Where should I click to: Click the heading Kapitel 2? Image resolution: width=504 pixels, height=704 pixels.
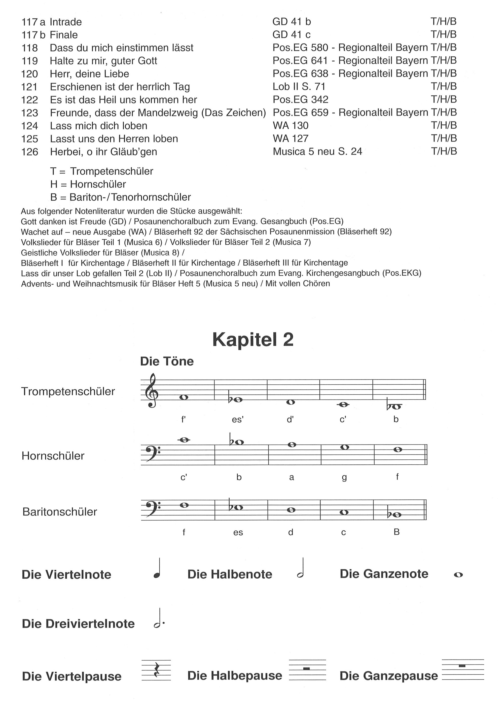click(x=253, y=340)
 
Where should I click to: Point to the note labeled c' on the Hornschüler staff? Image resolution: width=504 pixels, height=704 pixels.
click(x=184, y=440)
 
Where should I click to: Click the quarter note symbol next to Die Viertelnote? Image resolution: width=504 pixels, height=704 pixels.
click(x=157, y=569)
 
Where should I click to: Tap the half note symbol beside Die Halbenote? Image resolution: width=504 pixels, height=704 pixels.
click(x=300, y=569)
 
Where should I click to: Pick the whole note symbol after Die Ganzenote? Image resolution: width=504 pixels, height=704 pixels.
click(x=458, y=575)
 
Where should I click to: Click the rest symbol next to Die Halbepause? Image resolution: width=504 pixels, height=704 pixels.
click(x=306, y=668)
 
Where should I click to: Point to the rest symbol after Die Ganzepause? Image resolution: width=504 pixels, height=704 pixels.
click(x=462, y=666)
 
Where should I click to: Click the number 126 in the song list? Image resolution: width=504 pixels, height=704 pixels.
click(x=30, y=152)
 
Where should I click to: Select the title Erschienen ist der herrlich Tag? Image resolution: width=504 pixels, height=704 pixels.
click(x=120, y=87)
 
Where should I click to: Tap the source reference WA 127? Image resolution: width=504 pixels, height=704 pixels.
click(x=290, y=139)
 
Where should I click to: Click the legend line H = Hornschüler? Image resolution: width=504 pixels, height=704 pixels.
click(x=88, y=184)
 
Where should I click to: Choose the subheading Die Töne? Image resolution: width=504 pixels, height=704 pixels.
click(x=167, y=361)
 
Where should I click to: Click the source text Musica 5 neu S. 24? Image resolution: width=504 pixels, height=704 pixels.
click(x=317, y=151)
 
